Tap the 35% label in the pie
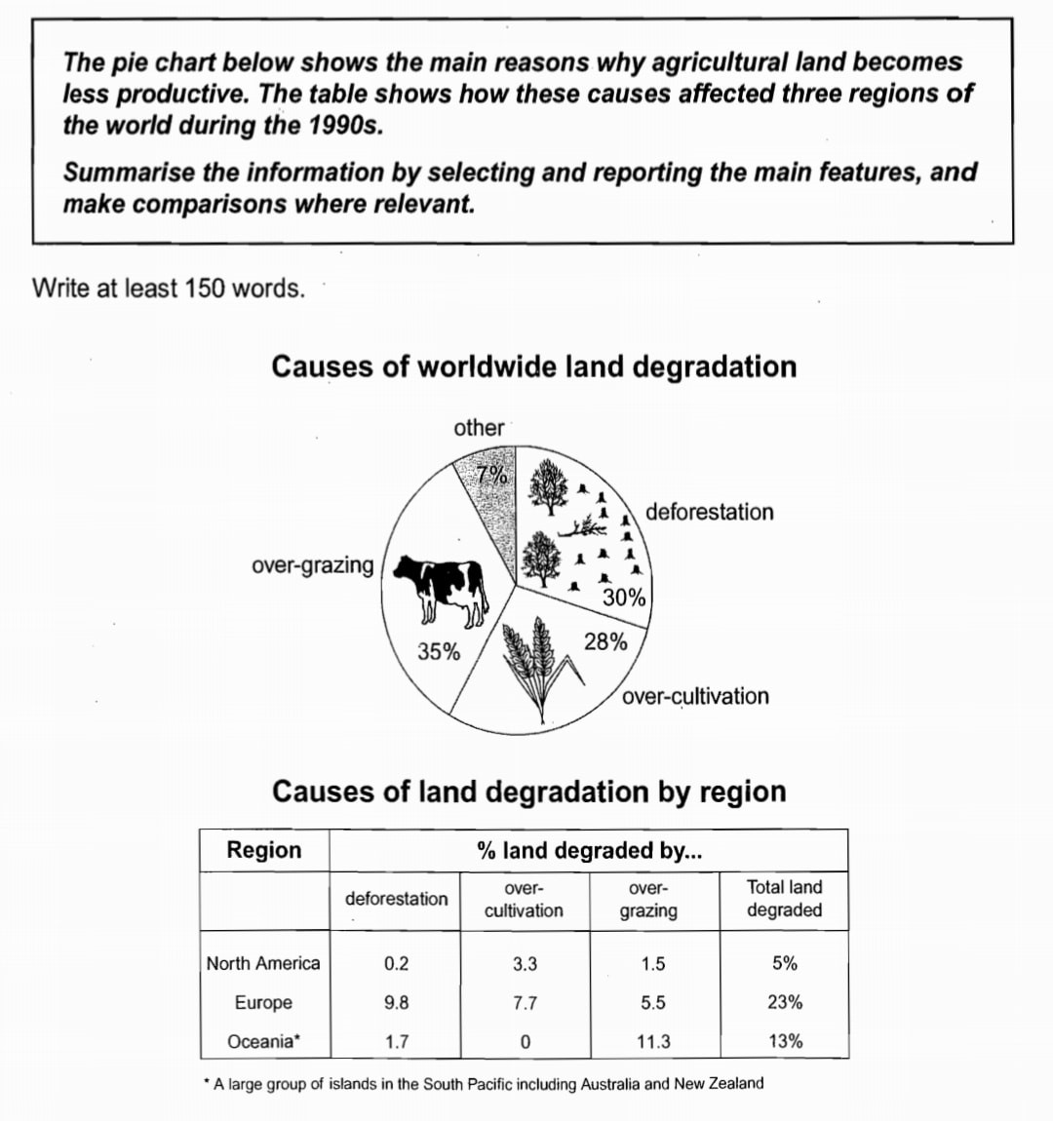(439, 652)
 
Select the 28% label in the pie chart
(605, 641)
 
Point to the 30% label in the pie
(624, 598)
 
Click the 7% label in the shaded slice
(492, 476)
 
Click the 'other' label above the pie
(479, 428)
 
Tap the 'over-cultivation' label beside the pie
(695, 696)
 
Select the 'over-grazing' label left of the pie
(312, 565)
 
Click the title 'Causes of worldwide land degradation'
(533, 367)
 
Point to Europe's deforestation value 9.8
(396, 1002)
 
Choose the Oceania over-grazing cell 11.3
(653, 1041)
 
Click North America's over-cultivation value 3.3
(525, 964)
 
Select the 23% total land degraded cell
(785, 1002)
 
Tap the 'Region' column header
(264, 850)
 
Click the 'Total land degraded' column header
(784, 899)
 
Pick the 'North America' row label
(263, 963)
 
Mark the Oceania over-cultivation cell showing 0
(525, 1041)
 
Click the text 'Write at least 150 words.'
(169, 289)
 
